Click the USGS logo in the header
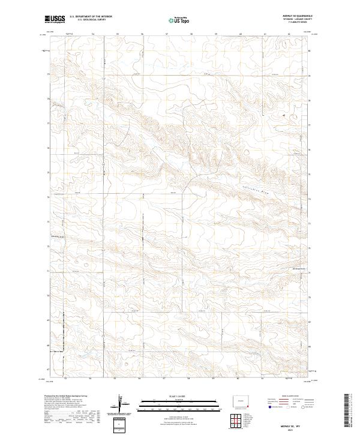click(x=55, y=20)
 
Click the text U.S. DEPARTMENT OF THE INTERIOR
click(x=91, y=17)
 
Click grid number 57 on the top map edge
click(x=166, y=34)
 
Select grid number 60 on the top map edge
click(x=240, y=34)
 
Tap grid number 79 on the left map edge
click(x=49, y=74)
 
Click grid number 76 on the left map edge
click(x=49, y=148)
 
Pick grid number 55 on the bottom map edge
click(x=117, y=379)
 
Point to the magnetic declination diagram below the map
click(x=125, y=405)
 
